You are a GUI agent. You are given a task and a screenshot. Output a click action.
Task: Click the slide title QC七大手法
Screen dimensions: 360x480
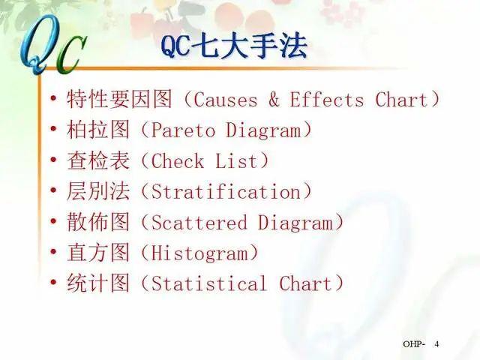tap(234, 47)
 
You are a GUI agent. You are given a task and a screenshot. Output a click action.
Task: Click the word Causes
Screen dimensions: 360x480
tap(226, 100)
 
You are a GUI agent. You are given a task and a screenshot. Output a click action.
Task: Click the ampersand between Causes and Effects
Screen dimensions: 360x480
tap(274, 100)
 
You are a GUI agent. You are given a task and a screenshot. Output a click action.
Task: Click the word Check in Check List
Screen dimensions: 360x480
tap(177, 161)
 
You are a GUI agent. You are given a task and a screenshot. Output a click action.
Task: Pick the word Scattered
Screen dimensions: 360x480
tap(199, 223)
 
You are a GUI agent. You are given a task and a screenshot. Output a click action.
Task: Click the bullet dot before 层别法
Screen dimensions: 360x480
tap(53, 192)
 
